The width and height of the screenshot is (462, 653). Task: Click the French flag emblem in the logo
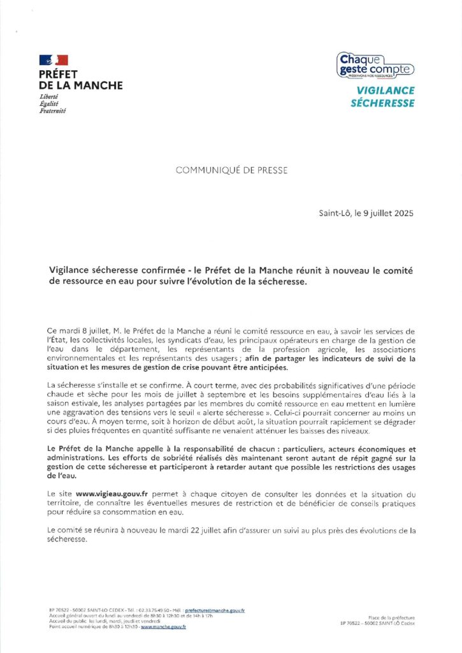54,60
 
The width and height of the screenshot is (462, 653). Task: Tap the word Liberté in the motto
49,96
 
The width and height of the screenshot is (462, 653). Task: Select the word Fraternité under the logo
53,110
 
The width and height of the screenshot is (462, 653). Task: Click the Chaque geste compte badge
375,66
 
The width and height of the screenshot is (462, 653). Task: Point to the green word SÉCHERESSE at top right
382,103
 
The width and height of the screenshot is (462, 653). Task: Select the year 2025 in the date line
401,214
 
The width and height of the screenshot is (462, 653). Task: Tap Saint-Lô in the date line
335,214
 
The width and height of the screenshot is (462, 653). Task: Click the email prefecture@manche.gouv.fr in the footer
215,610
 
